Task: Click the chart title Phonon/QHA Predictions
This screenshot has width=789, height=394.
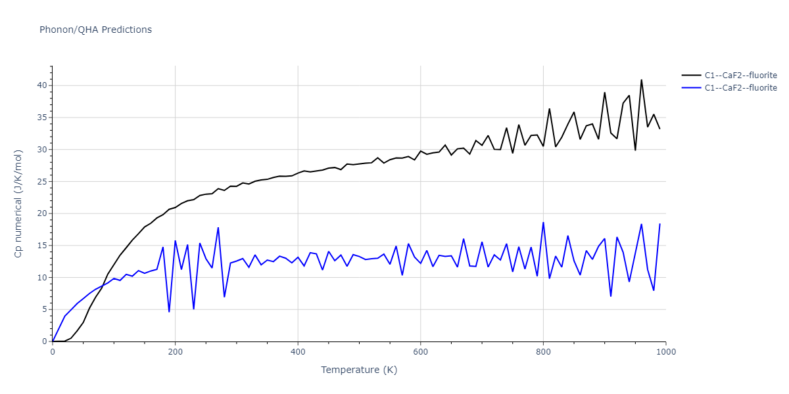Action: (x=95, y=30)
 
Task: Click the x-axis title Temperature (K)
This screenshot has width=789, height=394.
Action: (x=359, y=370)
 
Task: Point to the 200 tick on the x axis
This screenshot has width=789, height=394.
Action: (x=175, y=352)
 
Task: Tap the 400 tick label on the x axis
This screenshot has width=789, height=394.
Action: (x=298, y=352)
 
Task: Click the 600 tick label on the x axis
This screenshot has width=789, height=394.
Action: (x=420, y=352)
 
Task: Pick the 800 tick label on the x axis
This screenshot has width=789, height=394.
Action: (x=543, y=352)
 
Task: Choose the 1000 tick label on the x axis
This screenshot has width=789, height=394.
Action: (x=665, y=352)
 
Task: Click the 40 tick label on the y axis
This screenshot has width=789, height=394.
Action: (x=41, y=85)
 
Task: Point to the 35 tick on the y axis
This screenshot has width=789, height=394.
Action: (x=41, y=118)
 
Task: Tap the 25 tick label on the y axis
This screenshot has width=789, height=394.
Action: (x=41, y=181)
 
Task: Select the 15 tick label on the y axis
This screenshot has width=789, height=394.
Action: (x=41, y=246)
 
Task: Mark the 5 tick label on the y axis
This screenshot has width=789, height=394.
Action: (x=44, y=309)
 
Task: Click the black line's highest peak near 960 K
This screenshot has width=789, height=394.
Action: (x=642, y=80)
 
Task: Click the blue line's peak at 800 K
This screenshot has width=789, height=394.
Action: (x=543, y=223)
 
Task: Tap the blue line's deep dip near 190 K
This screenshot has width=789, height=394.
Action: (x=169, y=311)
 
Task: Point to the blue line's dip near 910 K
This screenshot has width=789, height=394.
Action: (x=611, y=296)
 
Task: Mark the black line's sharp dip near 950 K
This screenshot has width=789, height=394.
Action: (x=635, y=150)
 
